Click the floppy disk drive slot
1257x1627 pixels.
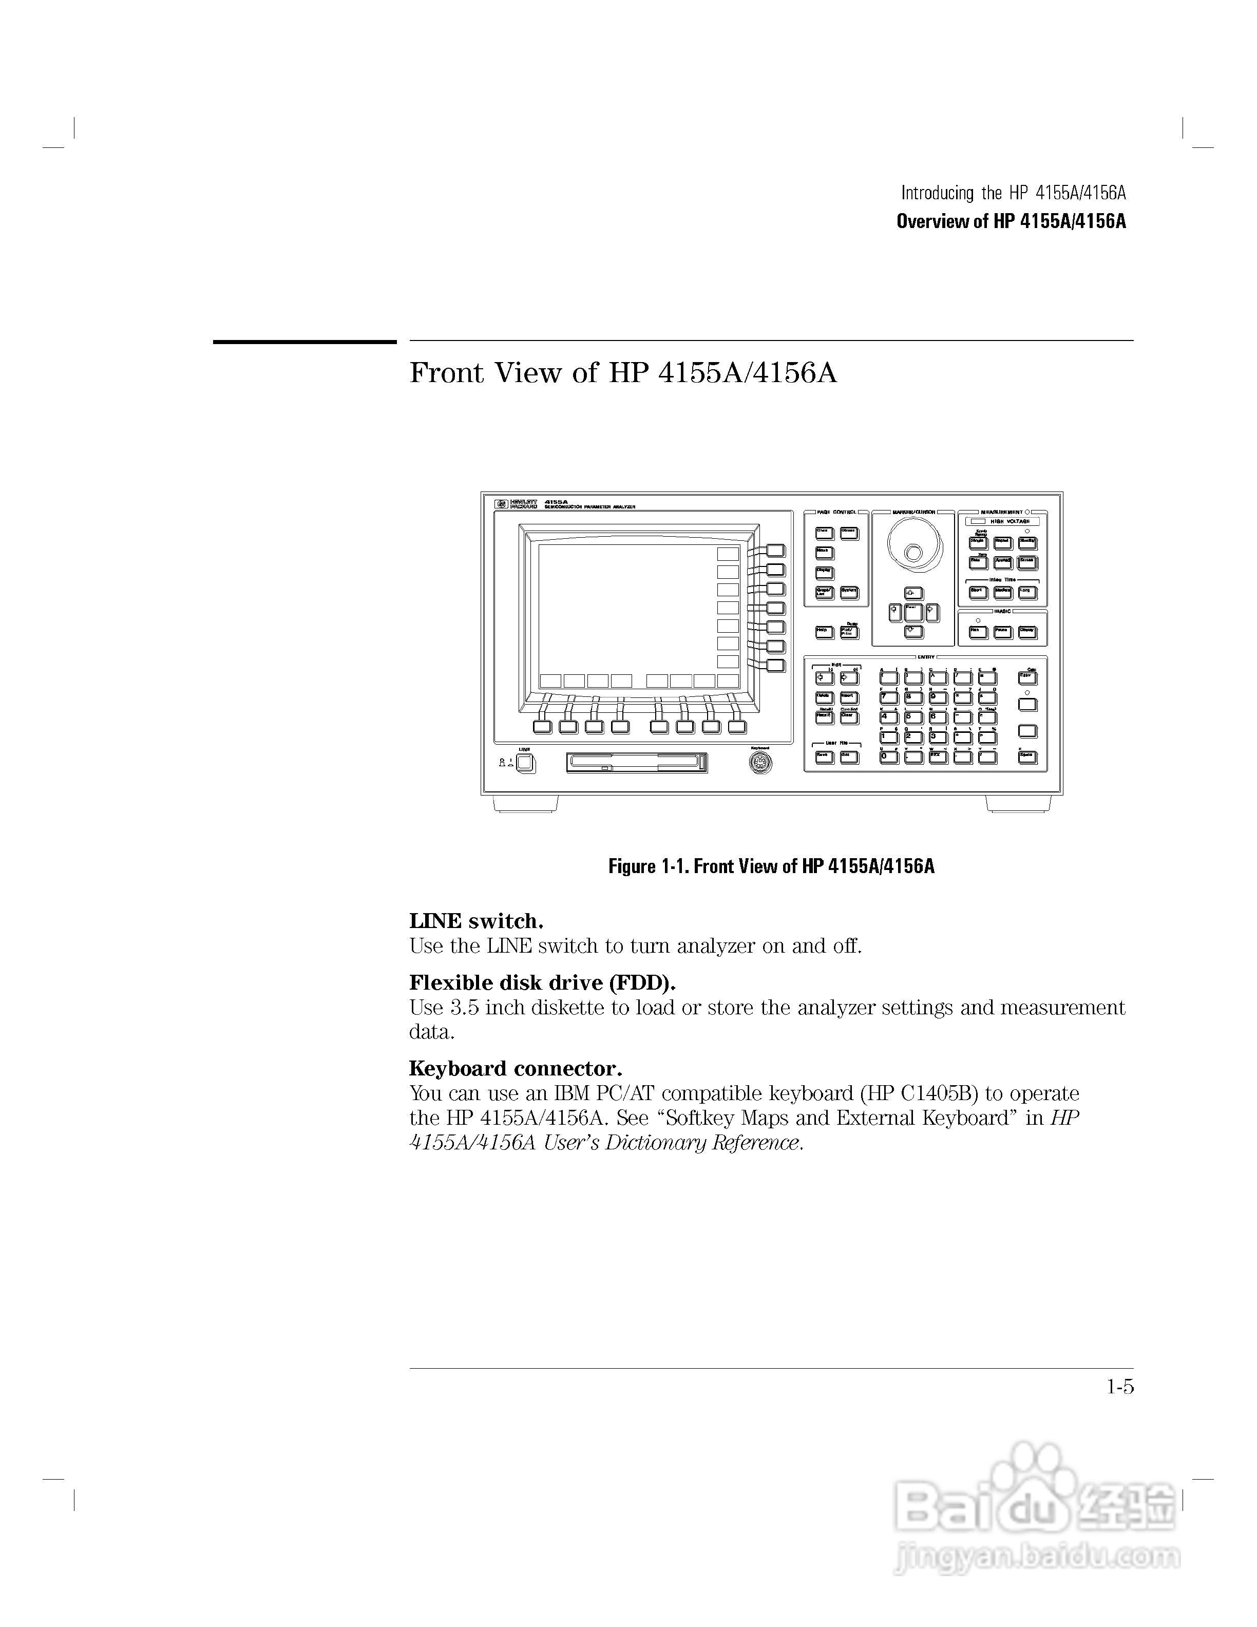pyautogui.click(x=636, y=762)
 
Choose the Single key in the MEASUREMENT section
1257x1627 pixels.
pyautogui.click(x=978, y=543)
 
